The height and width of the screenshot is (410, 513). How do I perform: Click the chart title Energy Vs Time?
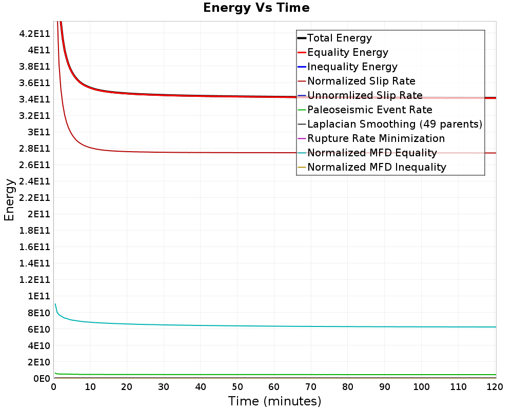click(256, 8)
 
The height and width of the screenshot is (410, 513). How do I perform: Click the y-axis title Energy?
click(9, 199)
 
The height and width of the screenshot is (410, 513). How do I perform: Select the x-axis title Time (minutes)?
click(274, 401)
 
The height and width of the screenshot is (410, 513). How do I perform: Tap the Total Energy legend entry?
click(339, 38)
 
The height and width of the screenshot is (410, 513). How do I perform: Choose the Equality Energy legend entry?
click(347, 52)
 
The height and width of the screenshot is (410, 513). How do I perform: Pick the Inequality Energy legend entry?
click(352, 67)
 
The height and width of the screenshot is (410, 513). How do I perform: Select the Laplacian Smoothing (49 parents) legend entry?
click(394, 124)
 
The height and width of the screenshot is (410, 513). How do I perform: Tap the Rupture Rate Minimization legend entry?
click(376, 138)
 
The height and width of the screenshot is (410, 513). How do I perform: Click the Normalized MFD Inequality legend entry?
click(377, 167)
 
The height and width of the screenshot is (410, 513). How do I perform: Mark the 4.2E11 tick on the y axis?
click(34, 34)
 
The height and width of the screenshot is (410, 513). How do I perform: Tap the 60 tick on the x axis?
click(274, 387)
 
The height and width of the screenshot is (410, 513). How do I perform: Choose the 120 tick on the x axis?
click(495, 387)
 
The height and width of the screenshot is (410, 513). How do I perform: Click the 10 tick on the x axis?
click(90, 387)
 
